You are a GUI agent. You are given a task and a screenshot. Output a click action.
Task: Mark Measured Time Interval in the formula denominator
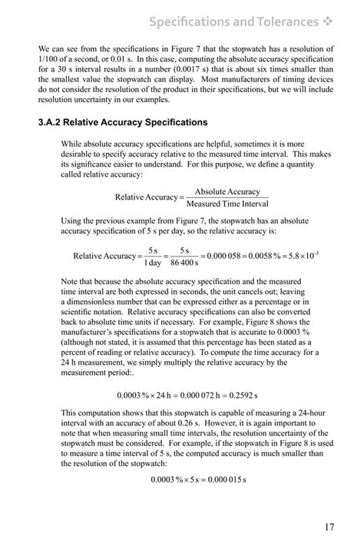point(227,204)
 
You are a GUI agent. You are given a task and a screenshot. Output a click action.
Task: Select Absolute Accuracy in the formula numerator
point(227,192)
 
